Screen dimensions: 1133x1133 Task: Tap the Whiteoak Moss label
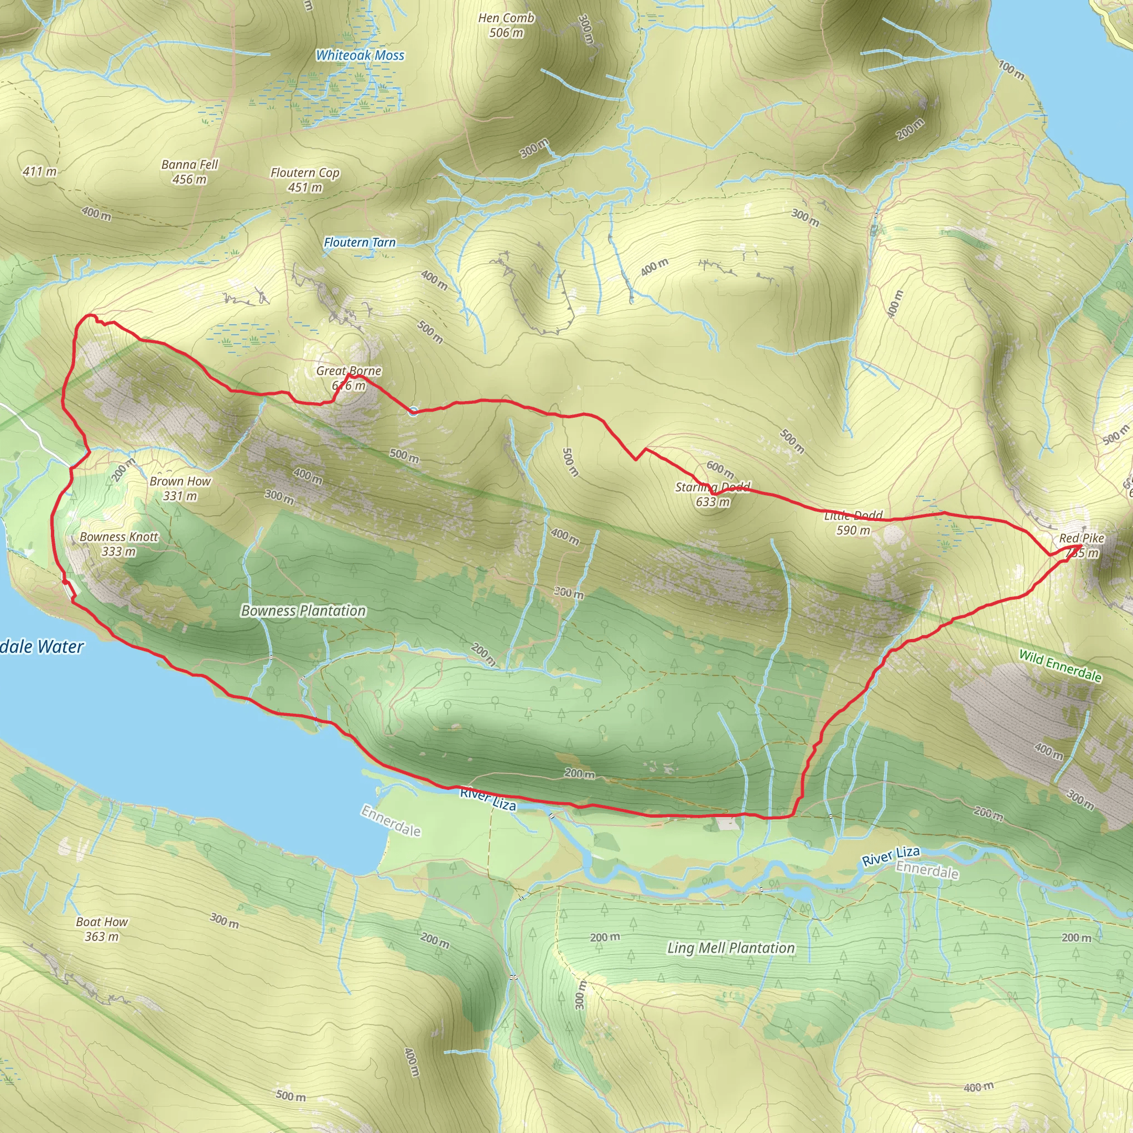(x=360, y=56)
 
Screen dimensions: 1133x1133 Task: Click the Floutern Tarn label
(x=360, y=242)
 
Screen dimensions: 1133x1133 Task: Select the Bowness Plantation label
(x=303, y=611)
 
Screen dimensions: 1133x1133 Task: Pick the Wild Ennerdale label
(x=1061, y=666)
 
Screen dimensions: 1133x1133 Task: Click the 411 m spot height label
(x=40, y=172)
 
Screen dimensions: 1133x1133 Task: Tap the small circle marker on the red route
(x=413, y=411)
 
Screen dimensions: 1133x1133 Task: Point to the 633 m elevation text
(x=713, y=502)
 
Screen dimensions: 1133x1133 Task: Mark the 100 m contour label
(x=1012, y=70)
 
